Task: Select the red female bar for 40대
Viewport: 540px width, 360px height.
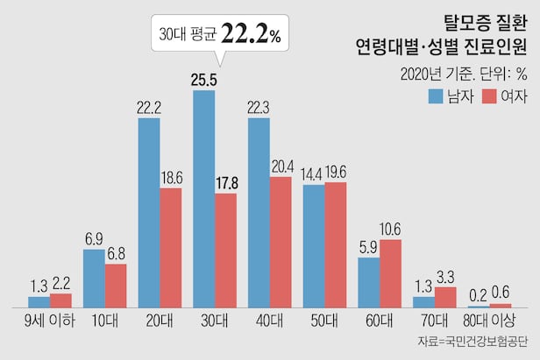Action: click(x=281, y=242)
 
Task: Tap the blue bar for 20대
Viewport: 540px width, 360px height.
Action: click(x=149, y=212)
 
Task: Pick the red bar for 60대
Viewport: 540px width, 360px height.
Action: click(x=390, y=273)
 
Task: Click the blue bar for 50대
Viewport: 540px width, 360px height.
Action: click(x=314, y=246)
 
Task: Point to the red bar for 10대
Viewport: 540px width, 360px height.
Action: click(x=116, y=286)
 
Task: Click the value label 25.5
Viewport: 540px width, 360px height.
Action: click(x=203, y=79)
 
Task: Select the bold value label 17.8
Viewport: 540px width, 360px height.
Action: click(x=225, y=182)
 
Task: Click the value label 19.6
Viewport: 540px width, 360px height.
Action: click(x=337, y=171)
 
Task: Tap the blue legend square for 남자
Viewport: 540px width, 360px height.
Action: click(x=436, y=95)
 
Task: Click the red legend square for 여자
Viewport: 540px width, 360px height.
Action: click(x=488, y=95)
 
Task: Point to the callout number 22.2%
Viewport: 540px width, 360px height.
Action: click(x=251, y=35)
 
